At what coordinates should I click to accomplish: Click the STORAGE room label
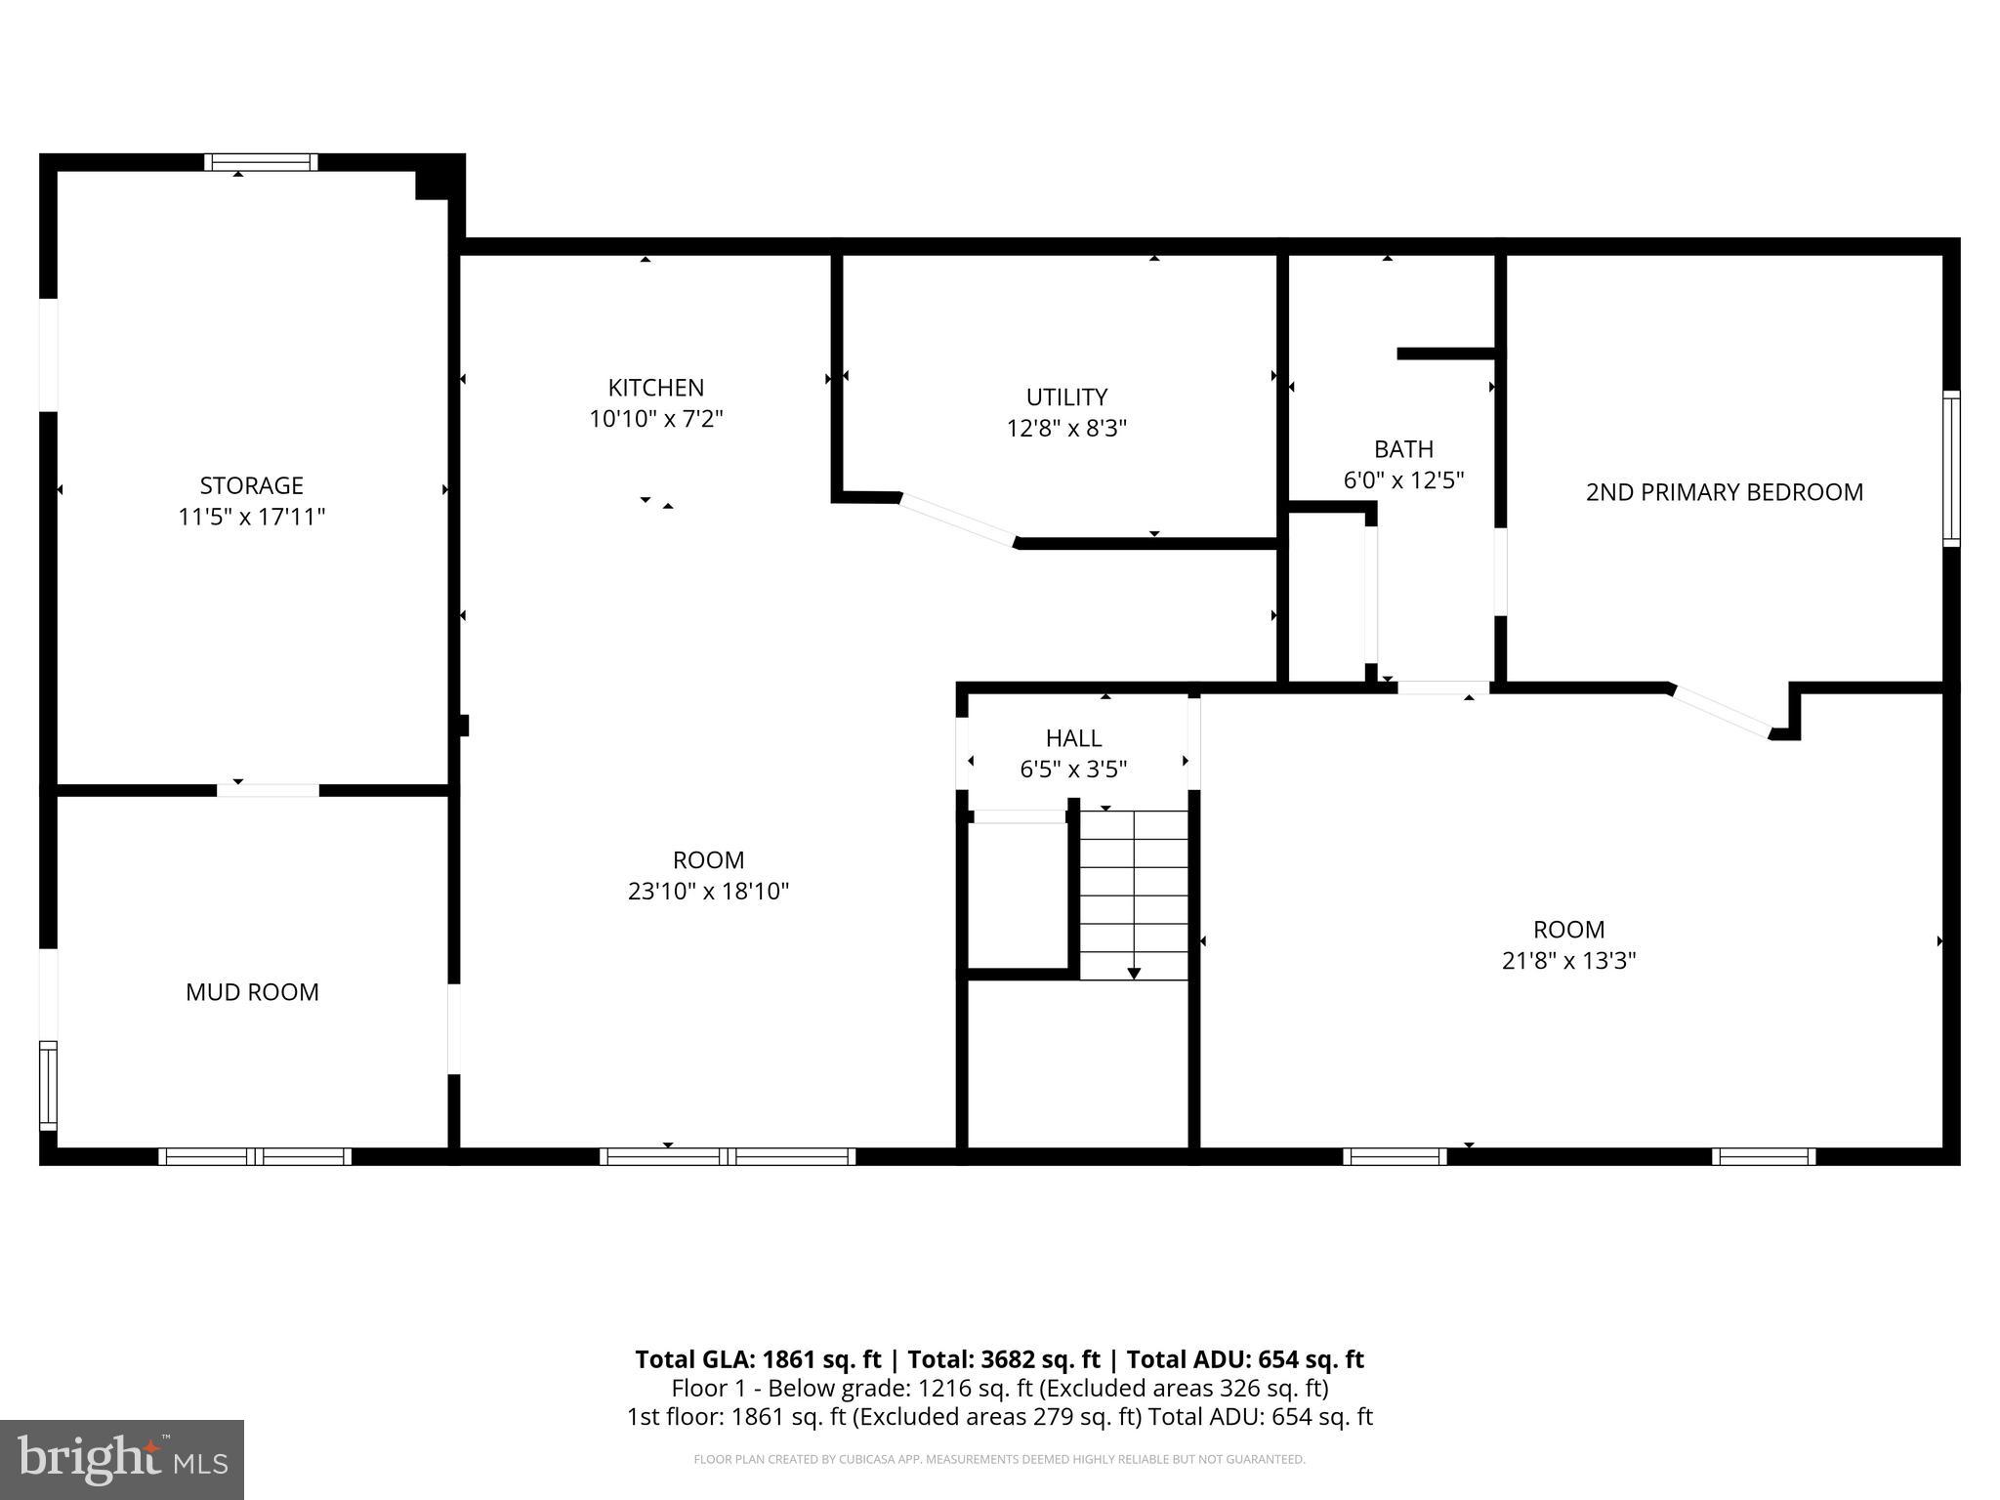point(251,485)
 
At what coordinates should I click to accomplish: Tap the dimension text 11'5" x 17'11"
point(251,517)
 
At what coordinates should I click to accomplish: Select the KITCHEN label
point(655,388)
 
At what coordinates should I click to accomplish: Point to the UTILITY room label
point(1066,397)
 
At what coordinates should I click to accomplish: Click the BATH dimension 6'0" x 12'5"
point(1403,480)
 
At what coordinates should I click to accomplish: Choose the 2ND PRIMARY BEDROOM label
point(1724,492)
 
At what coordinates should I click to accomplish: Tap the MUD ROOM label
point(252,992)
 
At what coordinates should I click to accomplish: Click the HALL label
point(1073,738)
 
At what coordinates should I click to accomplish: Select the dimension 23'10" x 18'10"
point(708,892)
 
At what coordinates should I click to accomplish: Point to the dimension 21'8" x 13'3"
point(1568,961)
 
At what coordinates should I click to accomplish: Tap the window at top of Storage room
point(261,162)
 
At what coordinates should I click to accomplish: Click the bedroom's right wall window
point(1950,468)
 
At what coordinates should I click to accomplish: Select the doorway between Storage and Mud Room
point(268,790)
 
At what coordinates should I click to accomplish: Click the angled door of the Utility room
point(958,520)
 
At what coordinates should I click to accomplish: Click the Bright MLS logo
point(122,1459)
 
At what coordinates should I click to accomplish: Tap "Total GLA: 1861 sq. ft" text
point(758,1359)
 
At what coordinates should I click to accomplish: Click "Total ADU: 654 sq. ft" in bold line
point(1245,1359)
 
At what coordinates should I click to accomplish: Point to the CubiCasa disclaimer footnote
point(999,1460)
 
